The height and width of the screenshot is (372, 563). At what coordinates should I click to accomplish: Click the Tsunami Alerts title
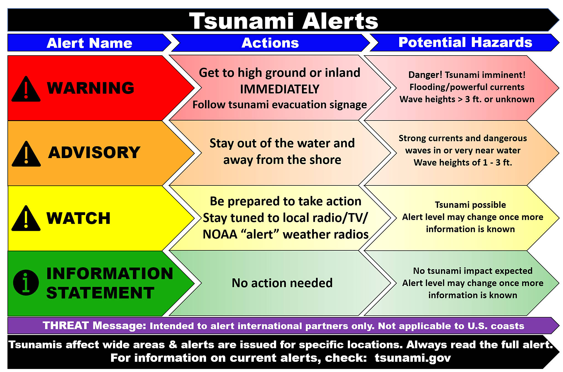coord(283,21)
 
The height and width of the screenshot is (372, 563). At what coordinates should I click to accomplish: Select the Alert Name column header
coord(89,43)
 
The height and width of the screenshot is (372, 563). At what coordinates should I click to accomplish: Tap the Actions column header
coord(270,43)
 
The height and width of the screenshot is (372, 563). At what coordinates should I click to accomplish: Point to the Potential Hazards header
coord(465,42)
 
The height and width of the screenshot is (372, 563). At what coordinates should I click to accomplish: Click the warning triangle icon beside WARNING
coord(26,89)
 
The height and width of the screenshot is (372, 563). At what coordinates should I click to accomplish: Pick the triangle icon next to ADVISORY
coord(26,154)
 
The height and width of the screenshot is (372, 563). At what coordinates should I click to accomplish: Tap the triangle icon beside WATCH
coord(26,218)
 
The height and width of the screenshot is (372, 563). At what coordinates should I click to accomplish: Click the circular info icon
coord(26,282)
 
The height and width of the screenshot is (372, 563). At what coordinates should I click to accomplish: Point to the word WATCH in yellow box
coord(78,218)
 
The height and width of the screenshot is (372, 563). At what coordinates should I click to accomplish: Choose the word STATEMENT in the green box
coord(100,293)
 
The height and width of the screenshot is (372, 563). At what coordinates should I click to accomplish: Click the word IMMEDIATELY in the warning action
coord(280,89)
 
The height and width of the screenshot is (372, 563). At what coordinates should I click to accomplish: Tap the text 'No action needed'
coord(282,283)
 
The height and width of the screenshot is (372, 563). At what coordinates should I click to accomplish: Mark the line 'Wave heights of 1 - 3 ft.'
coord(463,163)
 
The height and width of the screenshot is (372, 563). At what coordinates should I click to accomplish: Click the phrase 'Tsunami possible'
coord(470,205)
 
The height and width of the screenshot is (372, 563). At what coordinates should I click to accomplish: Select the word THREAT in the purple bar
coord(66,326)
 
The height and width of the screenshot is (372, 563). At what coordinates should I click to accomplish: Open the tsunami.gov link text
coord(413,358)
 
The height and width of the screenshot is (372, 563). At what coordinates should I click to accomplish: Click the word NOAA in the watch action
coord(220,234)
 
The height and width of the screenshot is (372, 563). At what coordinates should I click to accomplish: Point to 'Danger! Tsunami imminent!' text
coord(467,75)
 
